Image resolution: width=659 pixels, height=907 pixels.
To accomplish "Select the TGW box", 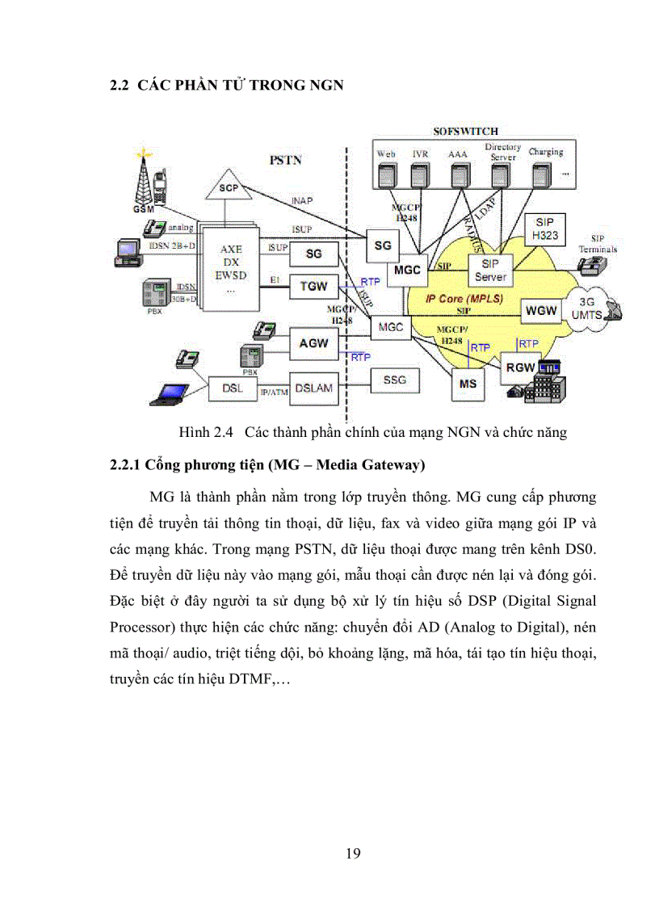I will click(x=313, y=284).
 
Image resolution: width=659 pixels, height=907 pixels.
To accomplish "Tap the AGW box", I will click(x=313, y=342).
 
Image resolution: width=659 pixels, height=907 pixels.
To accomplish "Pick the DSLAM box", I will click(x=313, y=388).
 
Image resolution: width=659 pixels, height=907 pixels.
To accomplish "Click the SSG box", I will click(x=394, y=379).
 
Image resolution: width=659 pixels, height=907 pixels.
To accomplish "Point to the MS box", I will click(x=468, y=384).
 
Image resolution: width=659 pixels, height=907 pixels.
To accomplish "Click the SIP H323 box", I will click(x=544, y=229).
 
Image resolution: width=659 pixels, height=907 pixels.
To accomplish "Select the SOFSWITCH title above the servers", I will click(x=465, y=131).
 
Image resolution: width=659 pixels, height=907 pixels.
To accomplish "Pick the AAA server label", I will click(x=458, y=153).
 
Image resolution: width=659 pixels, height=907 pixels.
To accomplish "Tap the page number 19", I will click(x=353, y=854).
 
